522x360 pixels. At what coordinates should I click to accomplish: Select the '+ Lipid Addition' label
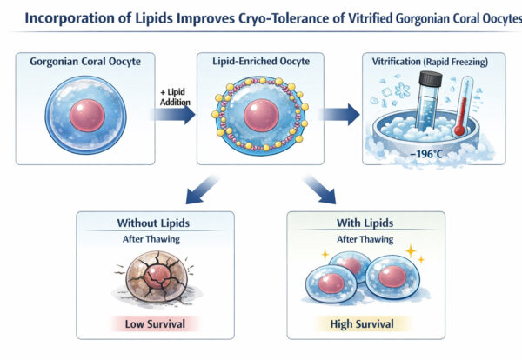click(x=174, y=97)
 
